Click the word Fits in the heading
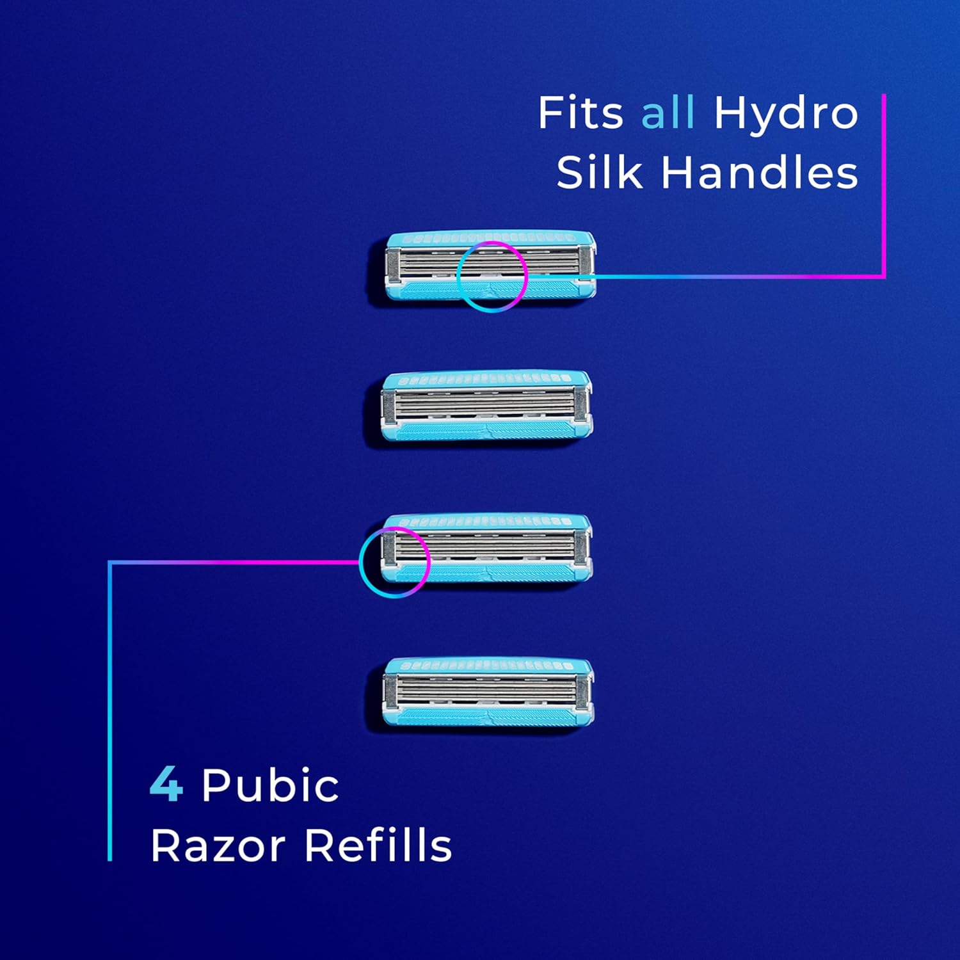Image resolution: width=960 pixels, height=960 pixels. [580, 113]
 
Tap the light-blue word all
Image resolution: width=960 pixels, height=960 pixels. [668, 113]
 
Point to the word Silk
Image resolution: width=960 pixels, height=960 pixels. [599, 173]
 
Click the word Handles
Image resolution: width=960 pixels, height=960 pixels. [759, 173]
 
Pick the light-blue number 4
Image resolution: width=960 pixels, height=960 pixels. [166, 785]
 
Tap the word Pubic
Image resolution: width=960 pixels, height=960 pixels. [270, 785]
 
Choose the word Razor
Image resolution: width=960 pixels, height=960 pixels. [218, 845]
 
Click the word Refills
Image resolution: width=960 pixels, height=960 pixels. [378, 845]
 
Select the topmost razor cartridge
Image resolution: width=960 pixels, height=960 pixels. [491, 266]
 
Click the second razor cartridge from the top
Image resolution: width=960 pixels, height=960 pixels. [486, 406]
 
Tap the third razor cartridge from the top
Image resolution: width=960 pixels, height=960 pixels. [486, 548]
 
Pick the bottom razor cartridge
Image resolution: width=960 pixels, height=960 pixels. [488, 692]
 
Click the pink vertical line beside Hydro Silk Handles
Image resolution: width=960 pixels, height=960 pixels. [884, 186]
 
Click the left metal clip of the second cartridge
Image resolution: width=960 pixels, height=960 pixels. [388, 407]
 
